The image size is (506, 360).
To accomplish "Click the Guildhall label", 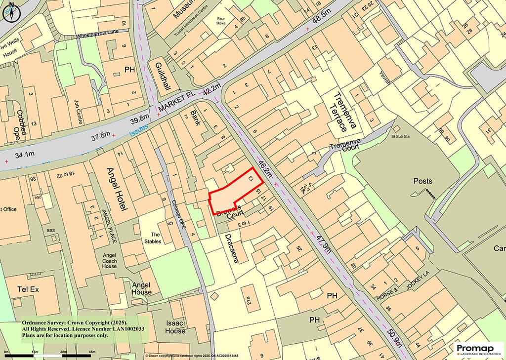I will tap(159, 80).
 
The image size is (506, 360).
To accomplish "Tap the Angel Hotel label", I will tap(117, 189).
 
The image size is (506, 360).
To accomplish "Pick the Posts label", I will tap(423, 181).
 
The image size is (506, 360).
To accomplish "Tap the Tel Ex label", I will tap(28, 289).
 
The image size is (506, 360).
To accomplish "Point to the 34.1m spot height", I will tap(25, 156).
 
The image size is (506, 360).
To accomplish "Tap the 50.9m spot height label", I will tap(395, 339).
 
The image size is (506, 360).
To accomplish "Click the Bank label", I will tap(196, 118).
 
